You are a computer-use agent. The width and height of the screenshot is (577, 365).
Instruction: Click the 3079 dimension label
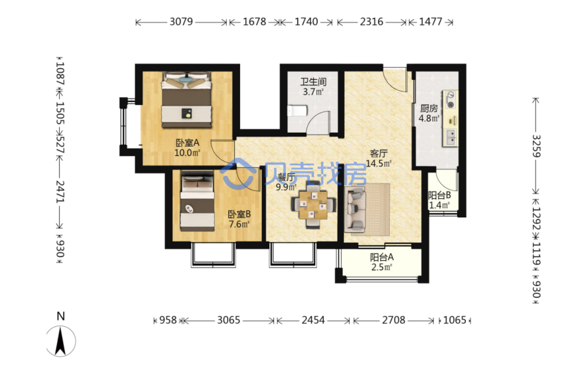181,22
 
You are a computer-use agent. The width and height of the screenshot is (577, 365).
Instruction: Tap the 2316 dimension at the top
371,22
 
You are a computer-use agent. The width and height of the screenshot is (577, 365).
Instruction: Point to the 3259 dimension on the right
536,146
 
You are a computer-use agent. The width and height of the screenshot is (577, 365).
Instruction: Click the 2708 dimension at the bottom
393,320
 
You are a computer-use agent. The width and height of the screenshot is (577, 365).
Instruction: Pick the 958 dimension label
168,320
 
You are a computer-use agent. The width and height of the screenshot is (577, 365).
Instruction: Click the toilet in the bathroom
297,110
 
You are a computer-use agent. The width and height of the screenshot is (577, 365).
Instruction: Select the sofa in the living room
355,210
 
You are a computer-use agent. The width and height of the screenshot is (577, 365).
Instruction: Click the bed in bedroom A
187,100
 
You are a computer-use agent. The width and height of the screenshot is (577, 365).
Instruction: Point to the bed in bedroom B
197,201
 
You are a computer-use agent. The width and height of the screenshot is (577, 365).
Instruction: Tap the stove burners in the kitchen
450,100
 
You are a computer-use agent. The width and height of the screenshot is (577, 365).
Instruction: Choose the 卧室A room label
187,142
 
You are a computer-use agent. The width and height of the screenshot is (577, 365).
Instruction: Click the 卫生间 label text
313,81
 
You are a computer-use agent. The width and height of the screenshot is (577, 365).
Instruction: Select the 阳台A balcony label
382,257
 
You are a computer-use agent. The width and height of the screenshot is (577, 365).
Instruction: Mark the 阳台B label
439,196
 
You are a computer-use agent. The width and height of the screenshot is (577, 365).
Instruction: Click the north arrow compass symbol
61,341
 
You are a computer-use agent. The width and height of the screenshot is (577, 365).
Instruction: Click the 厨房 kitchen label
429,108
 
